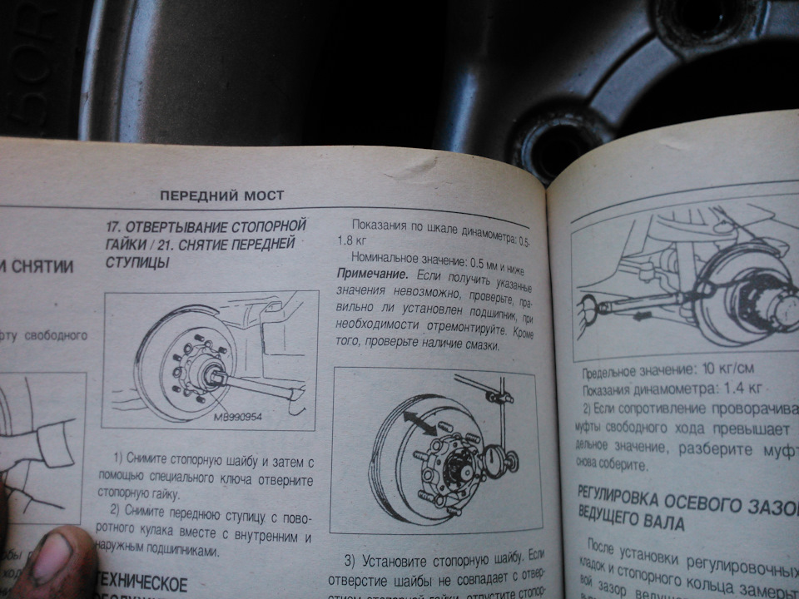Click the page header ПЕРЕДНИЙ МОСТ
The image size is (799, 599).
221,196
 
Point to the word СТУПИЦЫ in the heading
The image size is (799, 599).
136,263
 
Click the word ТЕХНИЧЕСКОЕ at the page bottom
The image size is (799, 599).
141,582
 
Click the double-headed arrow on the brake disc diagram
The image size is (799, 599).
420,422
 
